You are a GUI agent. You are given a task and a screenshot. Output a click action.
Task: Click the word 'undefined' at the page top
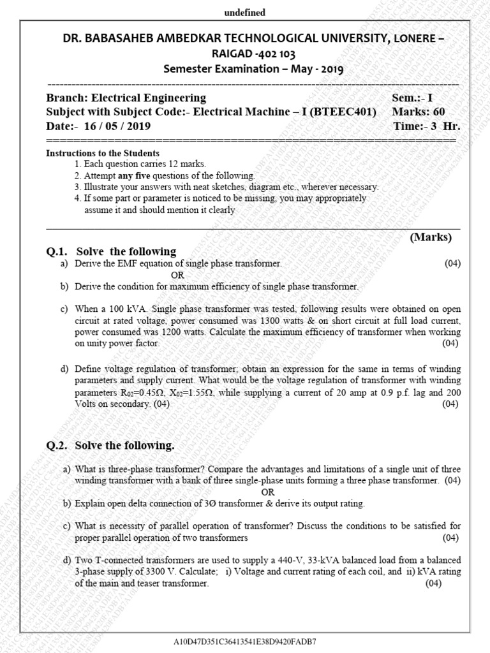244,12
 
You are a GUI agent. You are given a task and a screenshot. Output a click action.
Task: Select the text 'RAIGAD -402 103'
245,54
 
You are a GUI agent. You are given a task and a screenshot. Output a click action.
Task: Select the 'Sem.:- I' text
412,98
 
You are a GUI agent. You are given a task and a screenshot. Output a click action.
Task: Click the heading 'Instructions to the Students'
103,154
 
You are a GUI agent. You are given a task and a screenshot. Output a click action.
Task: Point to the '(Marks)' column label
430,237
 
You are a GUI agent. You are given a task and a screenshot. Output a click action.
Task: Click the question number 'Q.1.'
58,251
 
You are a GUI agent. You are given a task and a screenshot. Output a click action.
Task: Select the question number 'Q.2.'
58,445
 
